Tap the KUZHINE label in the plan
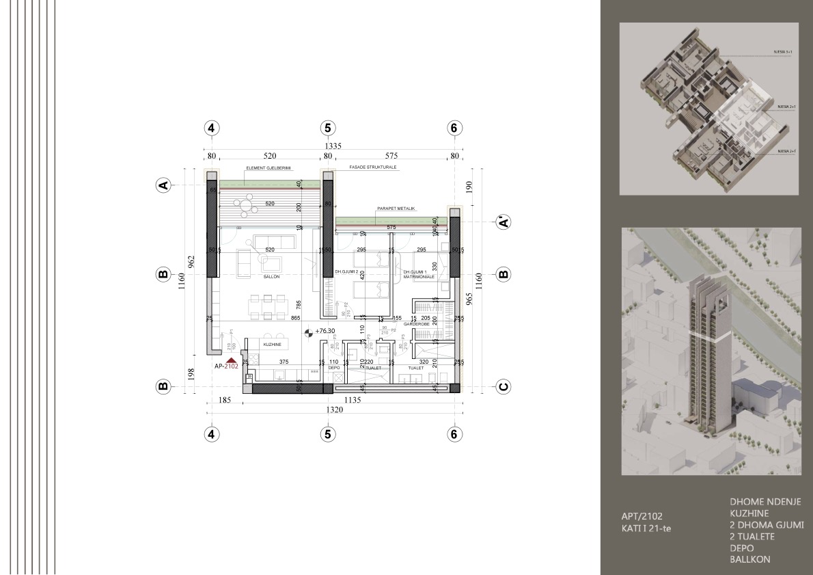[273, 345]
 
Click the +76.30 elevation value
[325, 331]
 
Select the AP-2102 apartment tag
[225, 366]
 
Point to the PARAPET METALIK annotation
[396, 209]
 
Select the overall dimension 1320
[333, 410]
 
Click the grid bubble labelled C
[503, 386]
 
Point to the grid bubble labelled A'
[503, 222]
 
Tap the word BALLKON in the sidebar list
[750, 559]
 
